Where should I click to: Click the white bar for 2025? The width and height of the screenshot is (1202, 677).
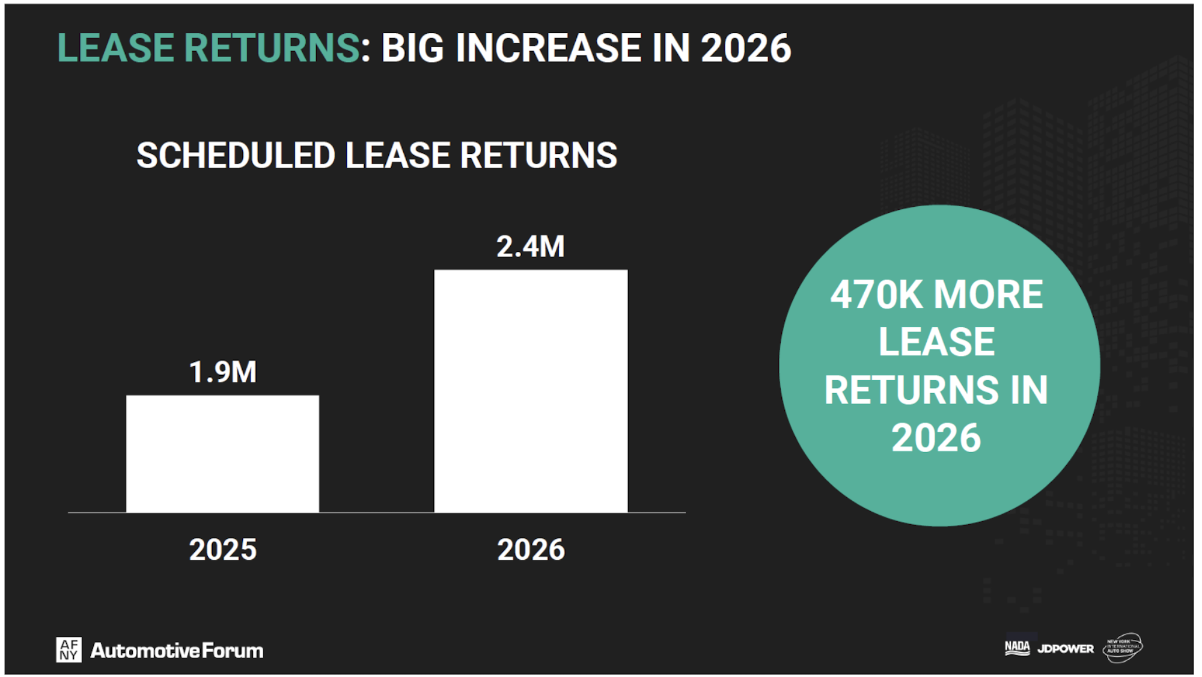(222, 454)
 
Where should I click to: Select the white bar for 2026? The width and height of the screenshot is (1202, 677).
(531, 391)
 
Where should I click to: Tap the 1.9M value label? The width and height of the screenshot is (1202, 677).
(222, 372)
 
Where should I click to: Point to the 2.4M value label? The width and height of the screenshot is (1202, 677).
(531, 247)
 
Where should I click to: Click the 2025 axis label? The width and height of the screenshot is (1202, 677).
(222, 550)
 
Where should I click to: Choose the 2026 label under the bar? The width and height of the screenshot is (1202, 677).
(531, 550)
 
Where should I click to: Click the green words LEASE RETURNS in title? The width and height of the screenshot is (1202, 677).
(208, 48)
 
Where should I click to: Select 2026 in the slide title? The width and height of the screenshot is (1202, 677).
(745, 48)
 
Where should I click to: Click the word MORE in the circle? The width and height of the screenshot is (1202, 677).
(988, 295)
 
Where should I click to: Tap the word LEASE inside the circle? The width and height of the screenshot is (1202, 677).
(936, 342)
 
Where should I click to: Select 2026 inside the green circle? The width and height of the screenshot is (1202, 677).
(936, 438)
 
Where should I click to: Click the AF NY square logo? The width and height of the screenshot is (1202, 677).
(69, 650)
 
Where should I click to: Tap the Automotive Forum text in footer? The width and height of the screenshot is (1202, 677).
(177, 651)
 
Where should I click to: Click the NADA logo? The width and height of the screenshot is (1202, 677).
(1017, 648)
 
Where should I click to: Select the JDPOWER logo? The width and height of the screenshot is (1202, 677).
(1065, 649)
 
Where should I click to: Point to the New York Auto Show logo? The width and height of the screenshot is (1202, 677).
(1122, 648)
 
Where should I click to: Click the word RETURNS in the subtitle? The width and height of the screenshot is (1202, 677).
(538, 156)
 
